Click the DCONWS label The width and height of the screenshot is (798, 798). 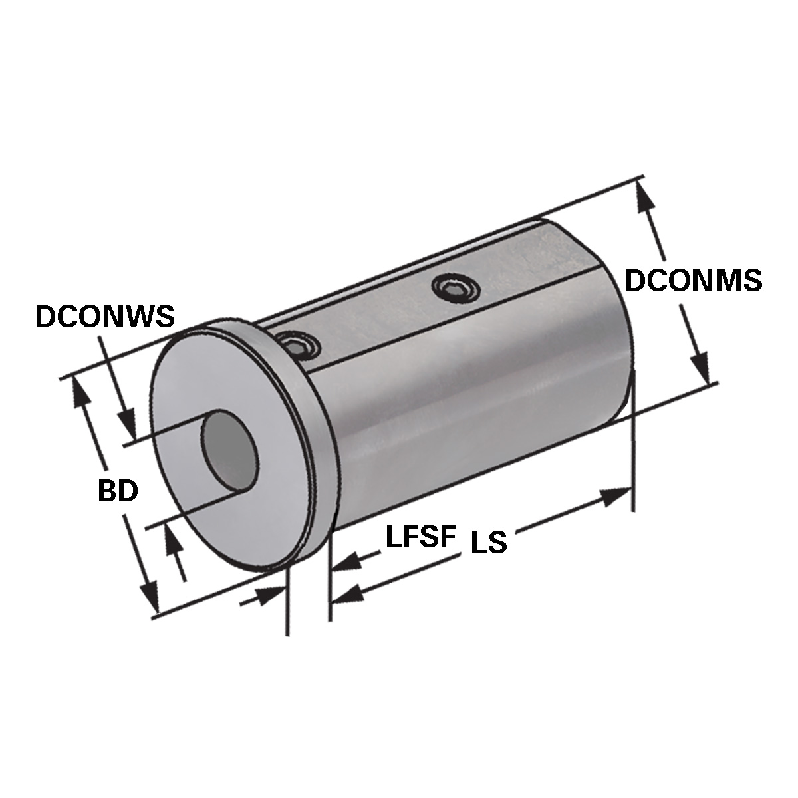(104, 316)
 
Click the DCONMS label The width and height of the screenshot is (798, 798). (694, 281)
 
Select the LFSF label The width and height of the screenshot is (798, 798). (420, 537)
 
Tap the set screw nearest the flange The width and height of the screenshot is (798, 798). (297, 346)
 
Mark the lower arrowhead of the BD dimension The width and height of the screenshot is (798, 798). (150, 596)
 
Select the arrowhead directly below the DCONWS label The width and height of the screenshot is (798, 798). (127, 426)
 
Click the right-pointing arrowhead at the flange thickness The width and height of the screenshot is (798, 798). (269, 596)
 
